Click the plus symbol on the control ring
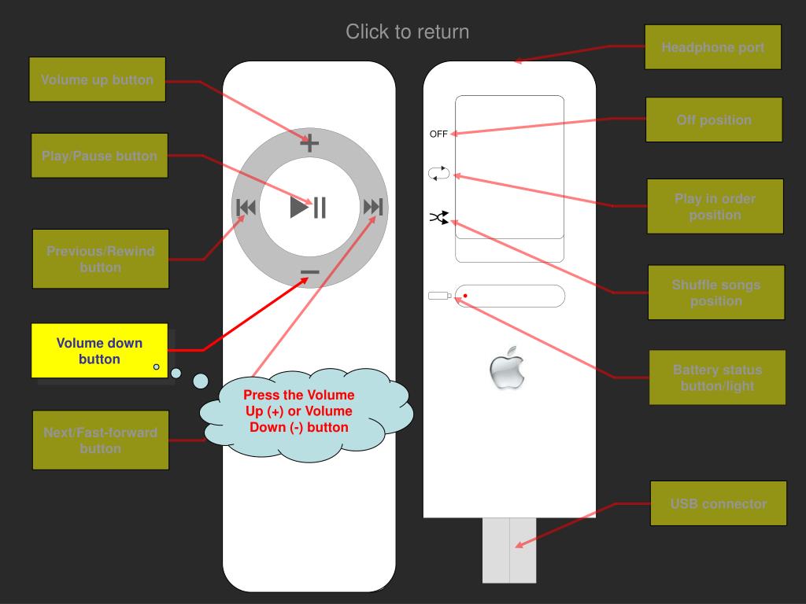pos(309,143)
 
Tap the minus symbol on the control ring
pos(310,272)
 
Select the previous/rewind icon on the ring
pos(246,208)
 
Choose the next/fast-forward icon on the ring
pos(372,208)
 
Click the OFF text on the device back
pos(438,134)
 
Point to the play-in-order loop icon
pos(438,174)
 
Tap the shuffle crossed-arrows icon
pos(438,217)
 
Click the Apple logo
pos(506,368)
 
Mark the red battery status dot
pos(465,296)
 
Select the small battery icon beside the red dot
pos(440,296)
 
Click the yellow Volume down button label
pos(99,351)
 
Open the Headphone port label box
pos(712,47)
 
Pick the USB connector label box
pos(718,503)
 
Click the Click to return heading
pos(407,31)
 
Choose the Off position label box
pos(714,120)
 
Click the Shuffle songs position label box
pos(715,293)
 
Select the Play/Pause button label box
pos(99,156)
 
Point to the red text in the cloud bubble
pos(299,411)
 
